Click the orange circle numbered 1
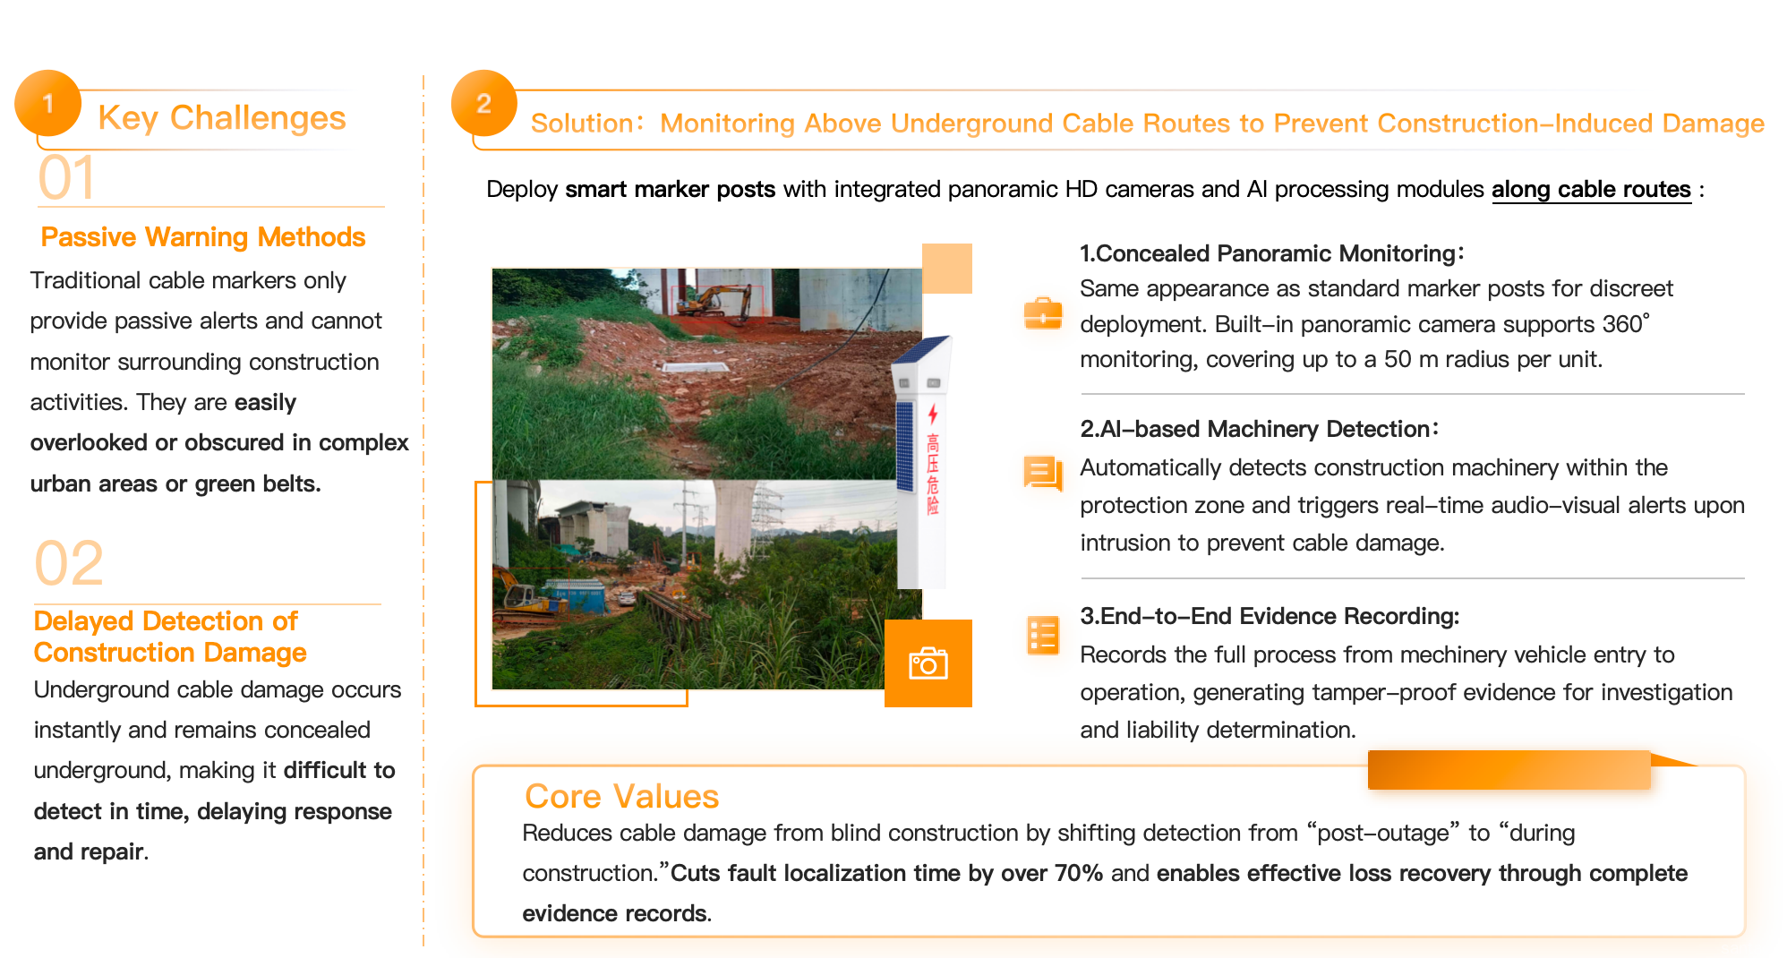click(47, 103)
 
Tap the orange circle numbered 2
click(483, 103)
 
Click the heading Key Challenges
click(221, 117)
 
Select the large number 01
click(66, 177)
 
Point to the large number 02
click(69, 563)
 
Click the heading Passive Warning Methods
click(203, 236)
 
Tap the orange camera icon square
click(928, 663)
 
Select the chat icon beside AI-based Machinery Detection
click(1043, 473)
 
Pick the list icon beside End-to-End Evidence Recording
click(1043, 636)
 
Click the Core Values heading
click(622, 796)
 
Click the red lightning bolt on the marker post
click(933, 414)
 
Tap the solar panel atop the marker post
click(922, 350)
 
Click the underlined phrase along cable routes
click(1591, 189)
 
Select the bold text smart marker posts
click(670, 189)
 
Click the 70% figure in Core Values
click(1079, 873)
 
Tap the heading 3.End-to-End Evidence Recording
click(1270, 616)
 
